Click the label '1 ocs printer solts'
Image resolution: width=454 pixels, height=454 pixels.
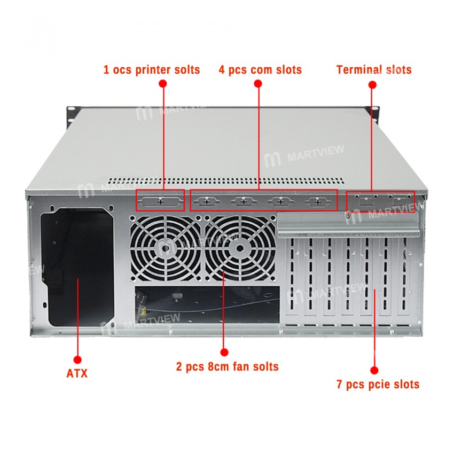151,69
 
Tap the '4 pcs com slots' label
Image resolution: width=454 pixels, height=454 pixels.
260,69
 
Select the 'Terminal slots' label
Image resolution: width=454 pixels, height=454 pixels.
374,69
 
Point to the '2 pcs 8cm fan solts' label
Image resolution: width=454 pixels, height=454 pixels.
227,367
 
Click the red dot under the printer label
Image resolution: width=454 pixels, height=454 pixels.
163,84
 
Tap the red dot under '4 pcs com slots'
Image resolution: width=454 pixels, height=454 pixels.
259,84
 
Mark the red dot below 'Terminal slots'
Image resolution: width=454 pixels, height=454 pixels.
373,84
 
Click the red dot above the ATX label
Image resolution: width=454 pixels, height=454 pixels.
77,359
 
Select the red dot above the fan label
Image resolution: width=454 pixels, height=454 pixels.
224,352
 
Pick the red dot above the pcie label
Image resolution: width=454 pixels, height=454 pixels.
374,370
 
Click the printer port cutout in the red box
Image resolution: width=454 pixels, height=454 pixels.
160,201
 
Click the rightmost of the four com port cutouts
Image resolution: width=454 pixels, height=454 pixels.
318,202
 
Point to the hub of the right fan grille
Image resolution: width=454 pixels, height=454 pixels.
239,247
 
